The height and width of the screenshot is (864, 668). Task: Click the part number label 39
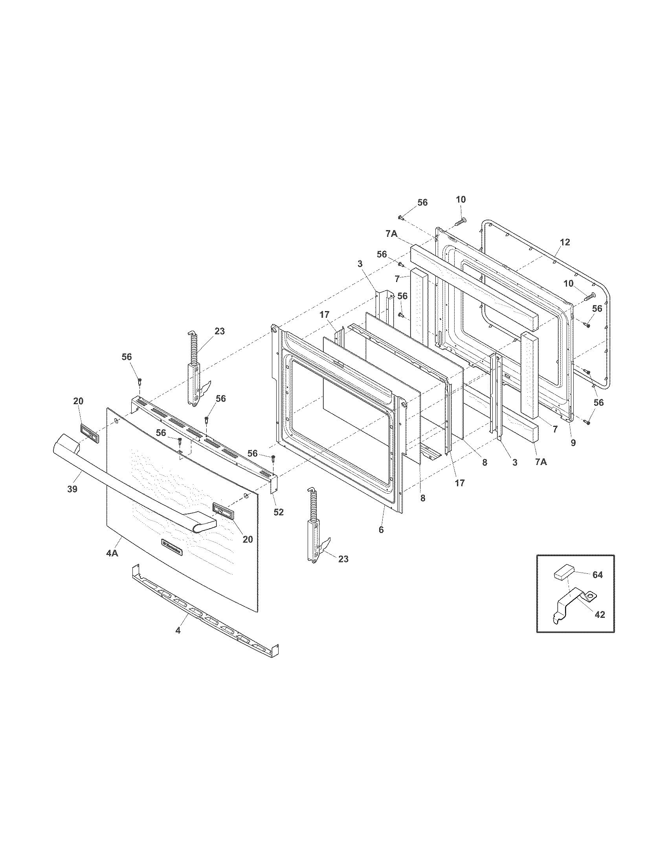(x=72, y=489)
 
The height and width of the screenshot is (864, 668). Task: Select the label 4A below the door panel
(x=112, y=553)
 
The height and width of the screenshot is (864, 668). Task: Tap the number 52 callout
(x=279, y=512)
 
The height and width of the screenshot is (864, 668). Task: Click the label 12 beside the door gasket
(x=565, y=242)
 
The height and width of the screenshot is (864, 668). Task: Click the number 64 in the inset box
(x=597, y=575)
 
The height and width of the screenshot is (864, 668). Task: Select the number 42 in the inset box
(x=600, y=615)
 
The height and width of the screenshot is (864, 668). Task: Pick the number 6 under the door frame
(x=381, y=530)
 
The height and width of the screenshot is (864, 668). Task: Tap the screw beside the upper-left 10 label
(x=460, y=222)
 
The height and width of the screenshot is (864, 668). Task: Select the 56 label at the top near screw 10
(x=422, y=202)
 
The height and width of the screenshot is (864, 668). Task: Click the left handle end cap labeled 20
(x=90, y=432)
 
